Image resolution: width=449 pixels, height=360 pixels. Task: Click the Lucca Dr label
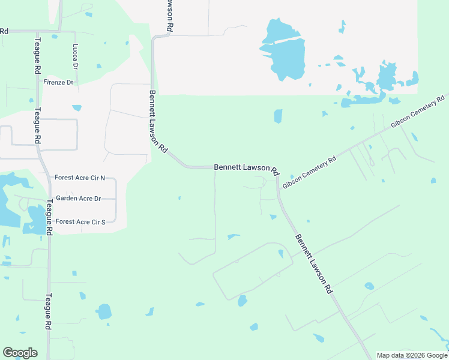(76, 55)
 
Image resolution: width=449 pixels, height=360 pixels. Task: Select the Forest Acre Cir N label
(79, 178)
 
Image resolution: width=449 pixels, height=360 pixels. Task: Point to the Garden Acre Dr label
(78, 198)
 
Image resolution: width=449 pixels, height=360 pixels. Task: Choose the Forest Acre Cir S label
(80, 221)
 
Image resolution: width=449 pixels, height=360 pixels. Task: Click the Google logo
(20, 353)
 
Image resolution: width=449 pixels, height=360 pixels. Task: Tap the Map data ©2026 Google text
(411, 355)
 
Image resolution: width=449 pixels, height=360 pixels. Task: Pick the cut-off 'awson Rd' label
(170, 16)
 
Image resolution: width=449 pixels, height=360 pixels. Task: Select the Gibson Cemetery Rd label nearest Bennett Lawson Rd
(309, 170)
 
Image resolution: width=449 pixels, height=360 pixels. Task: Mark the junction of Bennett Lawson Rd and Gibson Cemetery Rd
(278, 175)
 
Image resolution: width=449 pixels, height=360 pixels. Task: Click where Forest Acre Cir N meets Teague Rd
(46, 178)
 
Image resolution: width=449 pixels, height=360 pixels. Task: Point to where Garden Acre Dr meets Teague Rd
(47, 199)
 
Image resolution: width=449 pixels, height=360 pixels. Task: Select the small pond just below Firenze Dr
(77, 108)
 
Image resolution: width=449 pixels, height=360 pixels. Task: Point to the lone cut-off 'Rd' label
(4, 31)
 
